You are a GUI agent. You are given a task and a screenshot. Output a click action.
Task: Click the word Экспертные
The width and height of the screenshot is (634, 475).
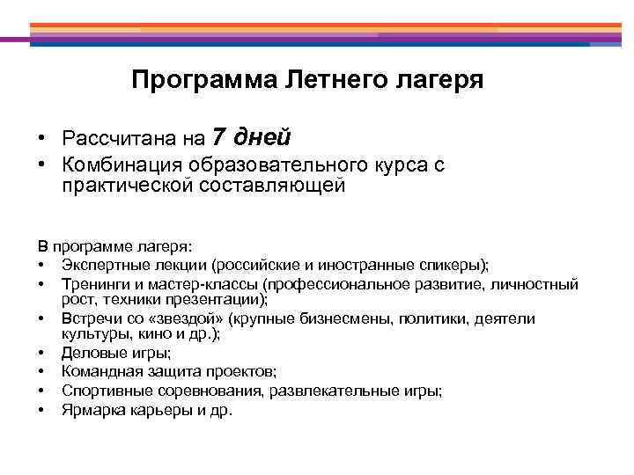[103, 266]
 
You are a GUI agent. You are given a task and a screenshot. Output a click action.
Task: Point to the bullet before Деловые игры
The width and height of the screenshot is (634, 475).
[41, 354]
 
